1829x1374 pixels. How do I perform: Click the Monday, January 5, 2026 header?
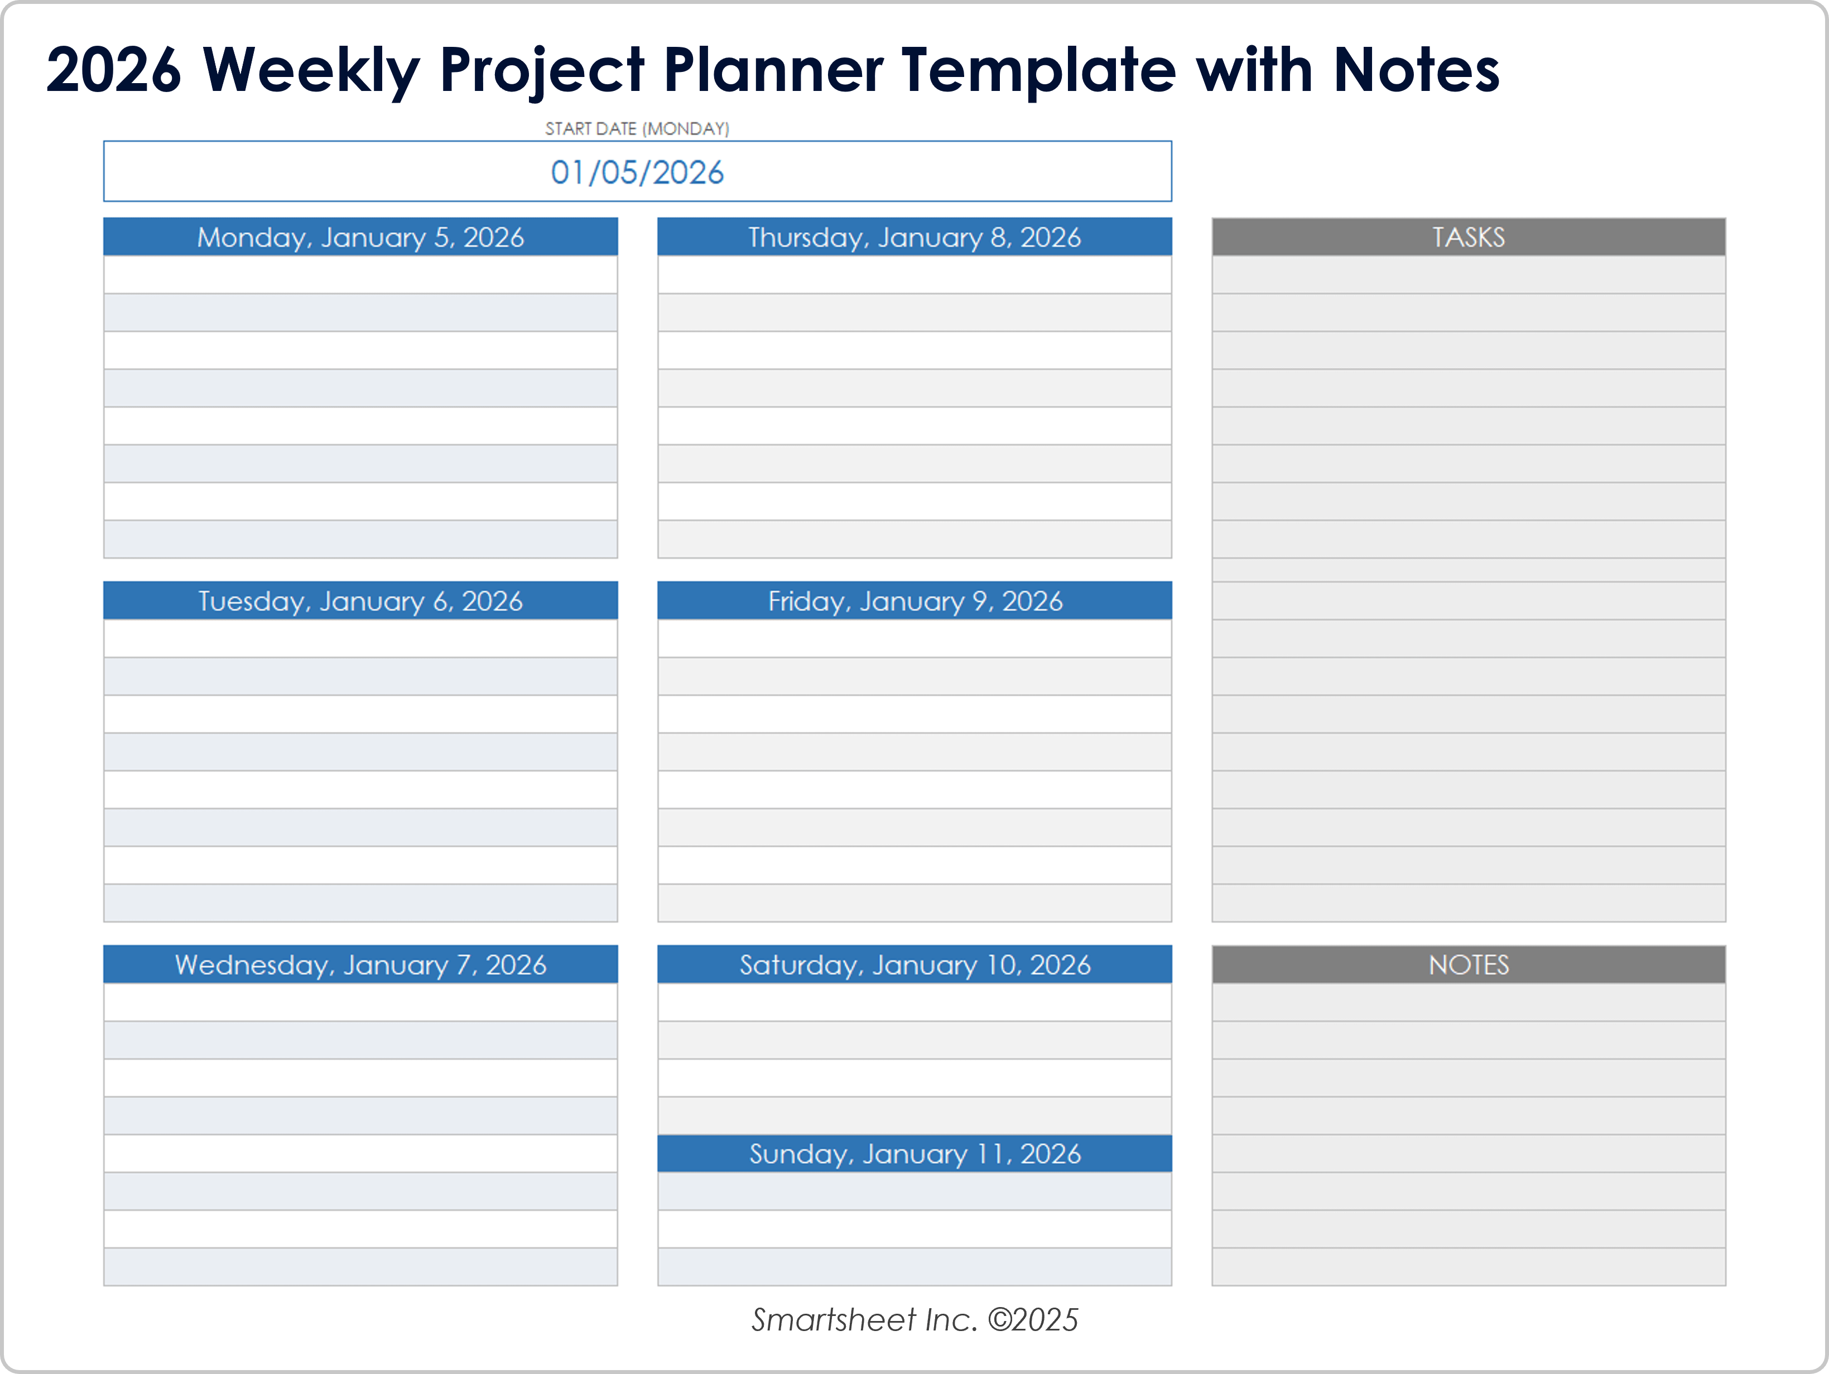pos(360,237)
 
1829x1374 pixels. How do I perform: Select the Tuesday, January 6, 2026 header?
pos(360,601)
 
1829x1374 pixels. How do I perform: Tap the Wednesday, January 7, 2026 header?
pos(360,965)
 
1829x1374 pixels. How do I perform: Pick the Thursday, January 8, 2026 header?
pos(914,237)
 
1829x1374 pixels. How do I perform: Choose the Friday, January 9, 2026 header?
pos(914,601)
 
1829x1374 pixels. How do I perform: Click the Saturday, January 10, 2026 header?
pos(914,965)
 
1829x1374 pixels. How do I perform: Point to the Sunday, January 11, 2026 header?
pos(914,1153)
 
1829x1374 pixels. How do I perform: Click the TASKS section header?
pos(1469,237)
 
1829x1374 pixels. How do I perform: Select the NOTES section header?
pos(1469,965)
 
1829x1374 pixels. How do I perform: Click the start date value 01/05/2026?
pos(637,172)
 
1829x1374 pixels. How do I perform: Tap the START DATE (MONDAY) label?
pos(637,129)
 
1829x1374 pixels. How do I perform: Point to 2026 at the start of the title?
pos(113,70)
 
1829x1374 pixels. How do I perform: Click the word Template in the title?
pos(1038,70)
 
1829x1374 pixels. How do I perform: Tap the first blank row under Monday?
pos(360,274)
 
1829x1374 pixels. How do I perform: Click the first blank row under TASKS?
pos(1469,274)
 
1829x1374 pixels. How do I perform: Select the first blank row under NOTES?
pos(1469,1002)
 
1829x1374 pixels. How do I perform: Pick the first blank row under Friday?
pos(914,638)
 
